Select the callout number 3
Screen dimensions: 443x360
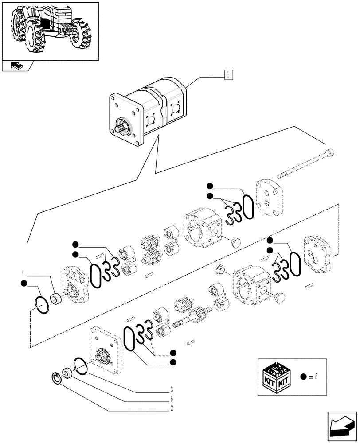pyautogui.click(x=171, y=390)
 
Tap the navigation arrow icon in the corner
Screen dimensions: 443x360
pyautogui.click(x=342, y=426)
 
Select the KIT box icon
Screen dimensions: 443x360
pyautogui.click(x=277, y=377)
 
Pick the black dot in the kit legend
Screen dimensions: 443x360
pyautogui.click(x=303, y=377)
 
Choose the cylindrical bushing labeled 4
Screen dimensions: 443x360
pyautogui.click(x=56, y=299)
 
